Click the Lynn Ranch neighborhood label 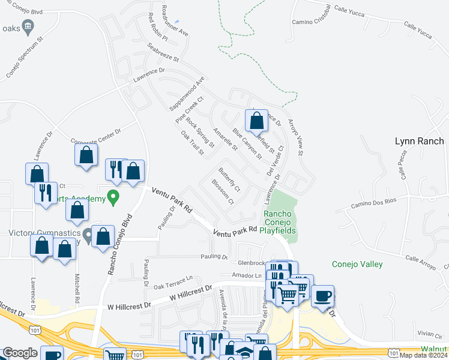(419, 142)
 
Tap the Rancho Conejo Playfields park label (279, 221)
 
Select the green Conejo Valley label (357, 264)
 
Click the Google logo (20, 353)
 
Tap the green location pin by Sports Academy (112, 197)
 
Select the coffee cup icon (322, 296)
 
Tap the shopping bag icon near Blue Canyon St (256, 121)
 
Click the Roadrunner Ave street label (175, 20)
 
